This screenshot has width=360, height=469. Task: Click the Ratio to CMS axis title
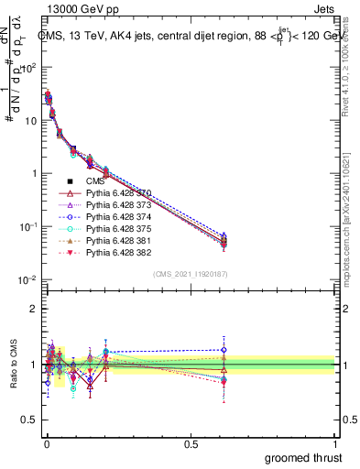tap(13, 364)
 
